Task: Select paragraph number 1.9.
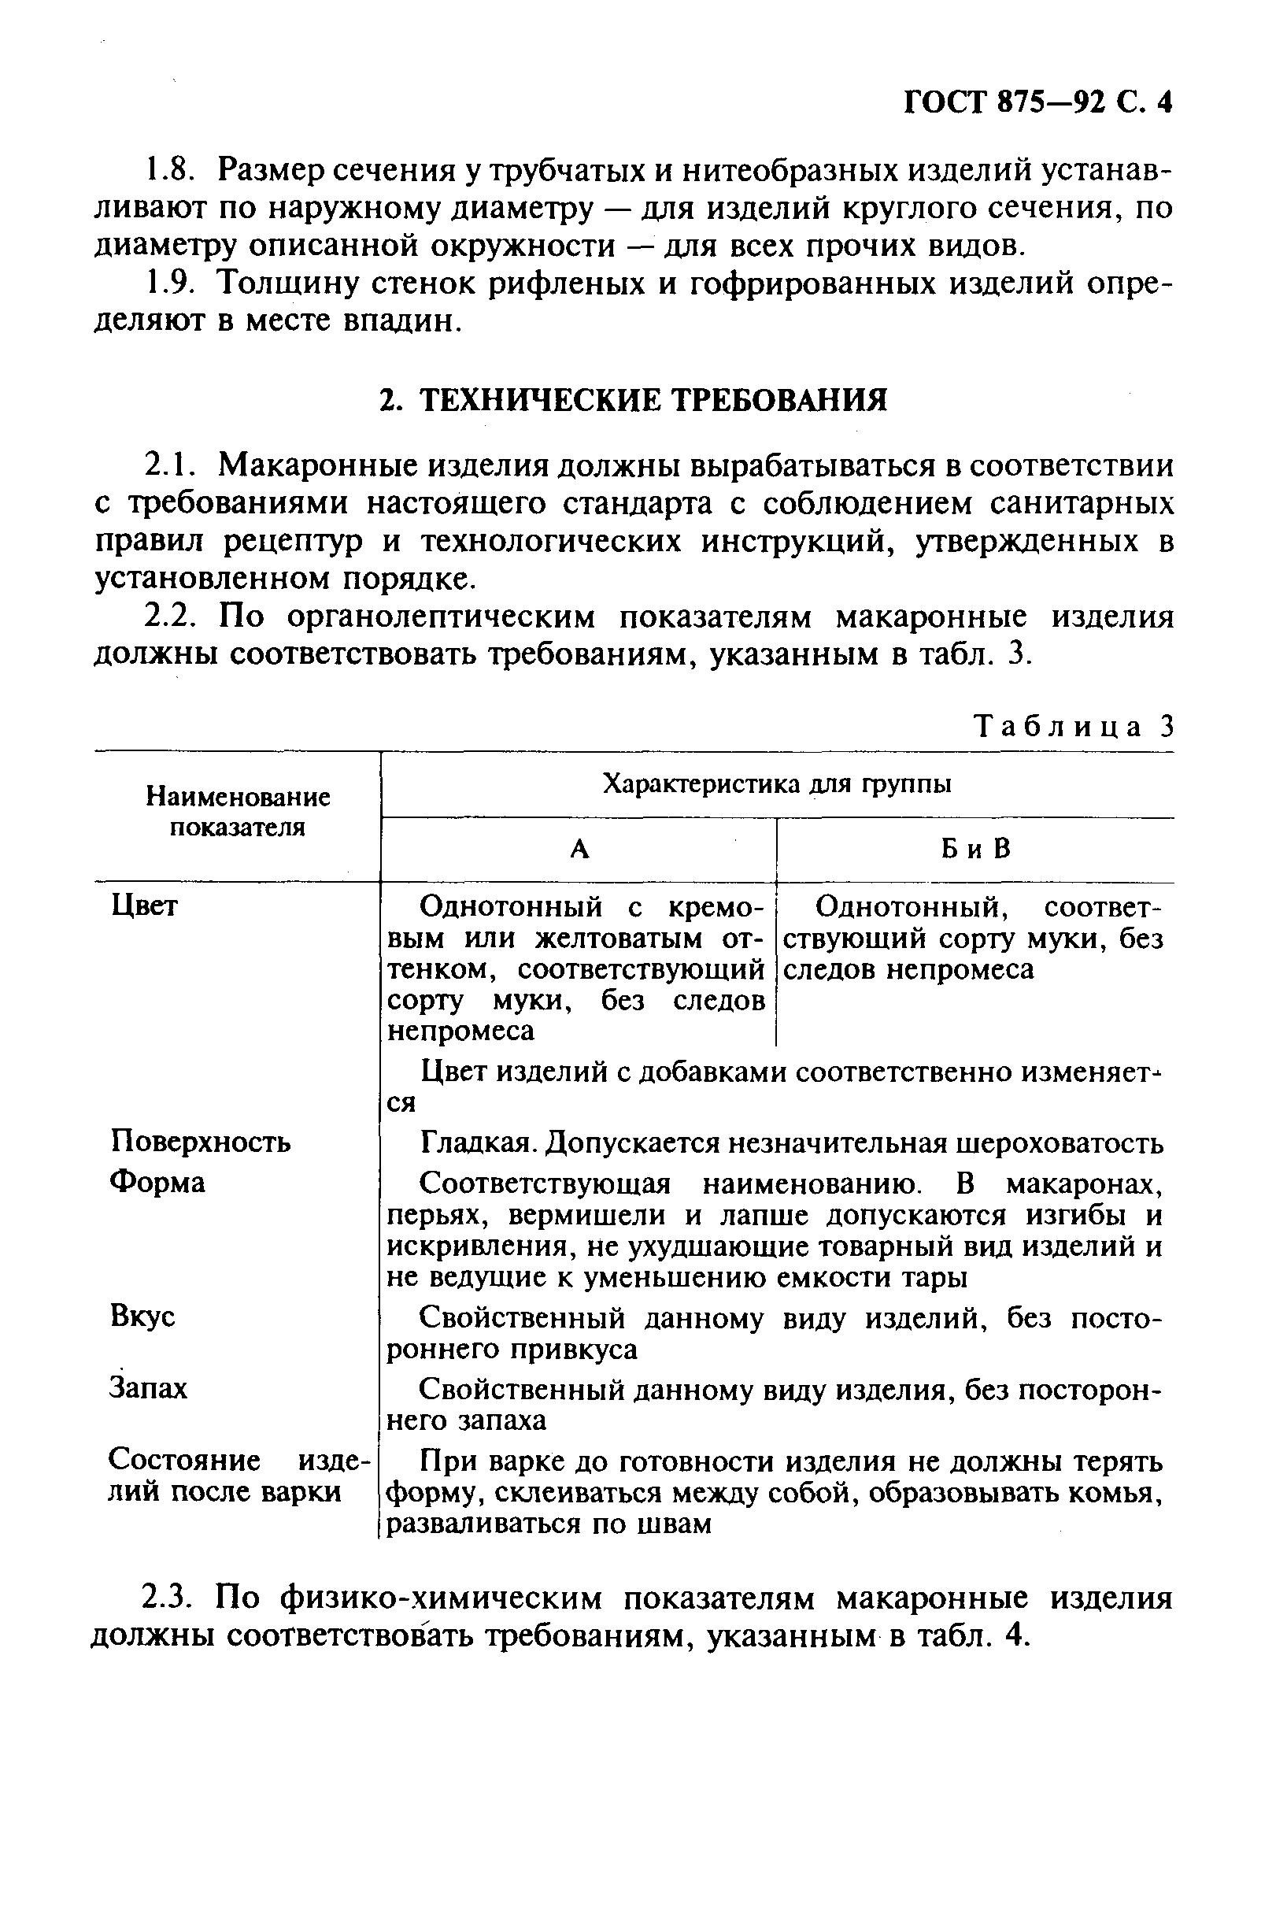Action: tap(168, 283)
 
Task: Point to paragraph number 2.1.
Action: tap(168, 465)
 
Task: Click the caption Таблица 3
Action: tap(1074, 727)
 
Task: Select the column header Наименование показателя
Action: tap(237, 812)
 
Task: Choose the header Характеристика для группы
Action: tap(776, 785)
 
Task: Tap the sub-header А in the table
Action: tap(579, 850)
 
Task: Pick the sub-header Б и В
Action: tap(975, 850)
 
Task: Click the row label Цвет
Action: tap(143, 906)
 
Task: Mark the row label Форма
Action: tap(157, 1182)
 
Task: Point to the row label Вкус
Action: tap(142, 1316)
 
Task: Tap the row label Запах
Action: tap(148, 1388)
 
